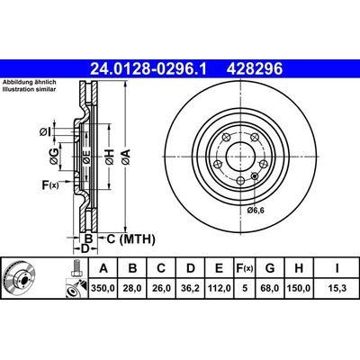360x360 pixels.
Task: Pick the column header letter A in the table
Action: [x=105, y=267]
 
